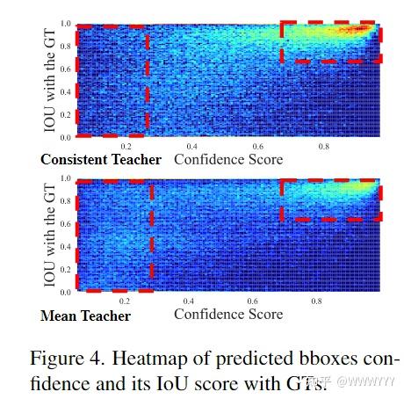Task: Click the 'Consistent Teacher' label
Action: click(x=101, y=160)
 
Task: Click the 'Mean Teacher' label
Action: click(x=85, y=314)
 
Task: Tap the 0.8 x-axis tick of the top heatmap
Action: click(x=324, y=147)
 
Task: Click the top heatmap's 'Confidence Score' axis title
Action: click(x=228, y=160)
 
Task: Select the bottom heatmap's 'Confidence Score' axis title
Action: click(x=228, y=314)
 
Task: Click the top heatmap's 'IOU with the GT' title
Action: click(x=51, y=81)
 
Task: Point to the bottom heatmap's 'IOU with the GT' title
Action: click(x=51, y=235)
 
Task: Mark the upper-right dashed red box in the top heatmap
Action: click(x=331, y=41)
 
